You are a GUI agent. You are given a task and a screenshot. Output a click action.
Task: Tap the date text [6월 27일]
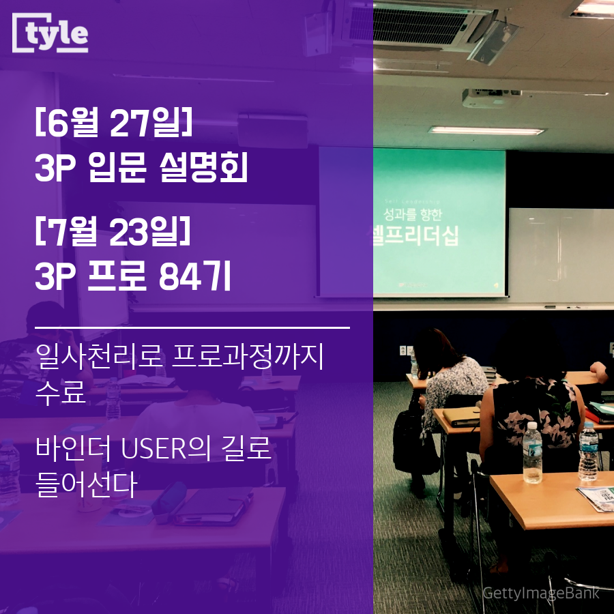pos(113,126)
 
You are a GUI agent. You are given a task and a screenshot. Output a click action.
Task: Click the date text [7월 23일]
pos(113,234)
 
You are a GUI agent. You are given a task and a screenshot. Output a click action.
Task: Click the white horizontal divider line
pos(192,328)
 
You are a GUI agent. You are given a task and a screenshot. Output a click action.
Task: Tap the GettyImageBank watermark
pos(540,593)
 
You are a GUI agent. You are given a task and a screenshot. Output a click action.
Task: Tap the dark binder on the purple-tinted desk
pos(209,509)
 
